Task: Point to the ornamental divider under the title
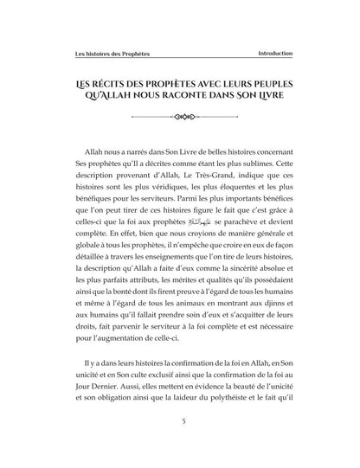[x=179, y=113]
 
